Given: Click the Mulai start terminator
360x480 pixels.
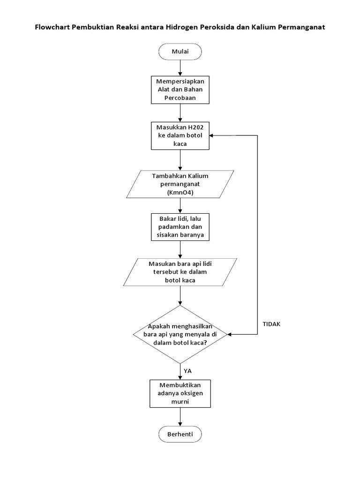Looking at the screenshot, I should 180,52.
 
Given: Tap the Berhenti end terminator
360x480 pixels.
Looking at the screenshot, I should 180,434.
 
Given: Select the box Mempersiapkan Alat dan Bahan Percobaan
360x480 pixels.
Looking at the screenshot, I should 180,90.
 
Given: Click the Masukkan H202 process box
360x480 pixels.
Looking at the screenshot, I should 180,136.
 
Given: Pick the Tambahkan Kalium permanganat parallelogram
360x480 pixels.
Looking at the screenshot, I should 180,184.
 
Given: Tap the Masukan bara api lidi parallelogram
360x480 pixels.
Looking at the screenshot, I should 180,272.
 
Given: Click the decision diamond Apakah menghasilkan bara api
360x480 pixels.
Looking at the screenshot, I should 180,335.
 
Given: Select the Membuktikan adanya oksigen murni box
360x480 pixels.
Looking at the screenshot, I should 180,393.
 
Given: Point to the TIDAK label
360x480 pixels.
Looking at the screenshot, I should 272,324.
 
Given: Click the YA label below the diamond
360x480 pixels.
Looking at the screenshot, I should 187,370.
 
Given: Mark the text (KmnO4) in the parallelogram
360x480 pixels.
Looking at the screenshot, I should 180,193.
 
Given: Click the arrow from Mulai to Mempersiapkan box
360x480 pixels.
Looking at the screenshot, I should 180,68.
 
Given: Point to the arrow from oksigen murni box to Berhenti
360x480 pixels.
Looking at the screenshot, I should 180,417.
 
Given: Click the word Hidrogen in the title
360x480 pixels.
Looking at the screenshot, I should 180,27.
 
